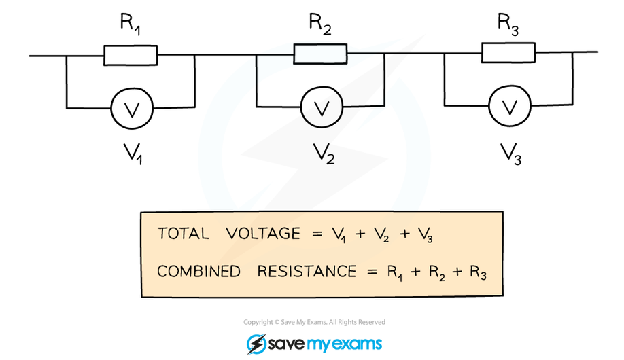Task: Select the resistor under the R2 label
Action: [x=320, y=54]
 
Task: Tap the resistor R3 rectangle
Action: [x=508, y=52]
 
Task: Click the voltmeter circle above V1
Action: [x=132, y=107]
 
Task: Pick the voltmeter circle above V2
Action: [x=321, y=107]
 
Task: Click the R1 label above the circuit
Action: [x=131, y=24]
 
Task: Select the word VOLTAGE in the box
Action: [x=264, y=234]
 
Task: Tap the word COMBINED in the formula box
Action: [x=198, y=272]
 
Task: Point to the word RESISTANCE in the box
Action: [x=307, y=272]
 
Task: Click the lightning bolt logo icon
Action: [x=256, y=344]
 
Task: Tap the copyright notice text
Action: [x=314, y=322]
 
